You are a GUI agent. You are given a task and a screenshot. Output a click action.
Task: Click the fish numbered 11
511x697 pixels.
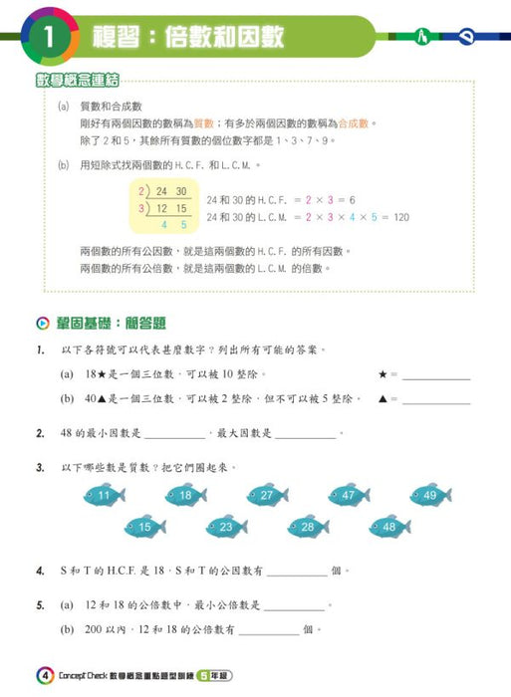(104, 495)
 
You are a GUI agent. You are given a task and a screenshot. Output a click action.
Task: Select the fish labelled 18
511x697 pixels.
(184, 495)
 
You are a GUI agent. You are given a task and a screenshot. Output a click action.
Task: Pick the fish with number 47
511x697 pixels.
(347, 495)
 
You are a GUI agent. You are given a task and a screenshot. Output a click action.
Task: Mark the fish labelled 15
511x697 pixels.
(144, 527)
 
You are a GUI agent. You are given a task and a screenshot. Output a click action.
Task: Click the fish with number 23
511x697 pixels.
(226, 527)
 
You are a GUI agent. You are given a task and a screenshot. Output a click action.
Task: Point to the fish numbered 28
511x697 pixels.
(307, 527)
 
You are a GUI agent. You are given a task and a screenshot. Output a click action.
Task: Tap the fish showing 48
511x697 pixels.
(388, 527)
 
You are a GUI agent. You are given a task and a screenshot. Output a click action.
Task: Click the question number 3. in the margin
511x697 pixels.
(40, 466)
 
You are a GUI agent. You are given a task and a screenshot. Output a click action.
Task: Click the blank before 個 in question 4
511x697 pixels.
(296, 573)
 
